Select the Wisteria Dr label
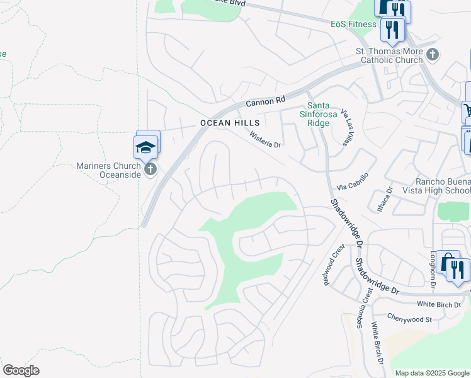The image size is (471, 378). point(264,140)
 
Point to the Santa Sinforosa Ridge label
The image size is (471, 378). point(318,114)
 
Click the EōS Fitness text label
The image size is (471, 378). point(353,25)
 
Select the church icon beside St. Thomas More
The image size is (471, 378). point(432,54)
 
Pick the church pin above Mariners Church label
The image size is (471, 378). point(150,169)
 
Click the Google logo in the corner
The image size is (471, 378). point(21,370)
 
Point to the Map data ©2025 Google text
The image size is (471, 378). point(432,373)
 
